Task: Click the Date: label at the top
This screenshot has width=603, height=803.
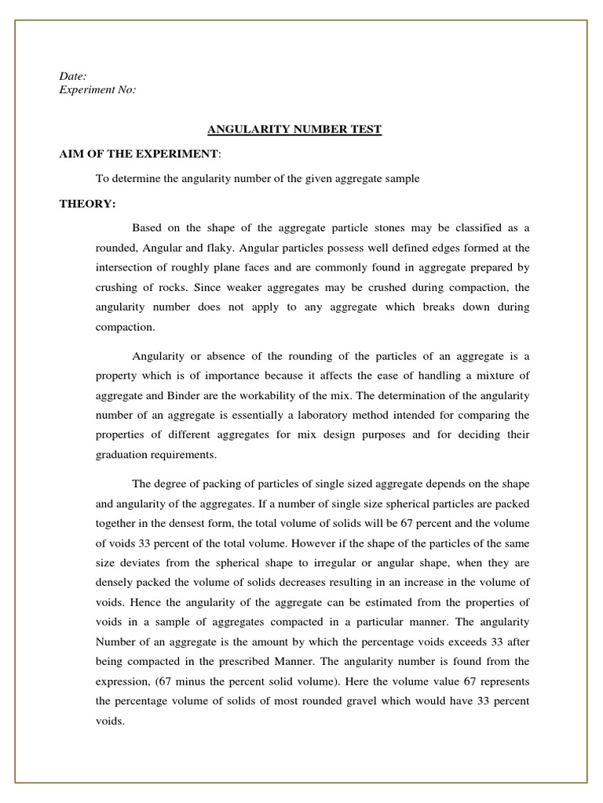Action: click(73, 76)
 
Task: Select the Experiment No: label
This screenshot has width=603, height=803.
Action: click(97, 90)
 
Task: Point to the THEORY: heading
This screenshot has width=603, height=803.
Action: click(88, 204)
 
